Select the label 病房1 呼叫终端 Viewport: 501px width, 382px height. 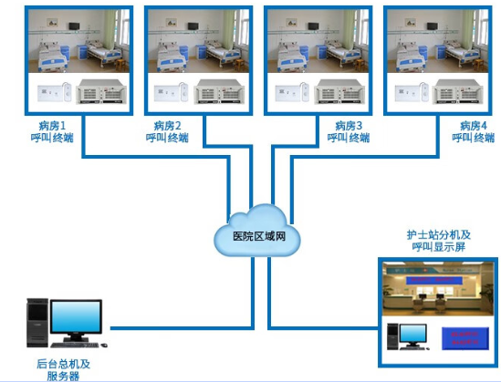[48, 130]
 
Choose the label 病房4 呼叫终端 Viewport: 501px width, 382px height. [474, 130]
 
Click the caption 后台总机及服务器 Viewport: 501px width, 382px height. [64, 369]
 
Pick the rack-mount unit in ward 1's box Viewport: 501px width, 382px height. [99, 92]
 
